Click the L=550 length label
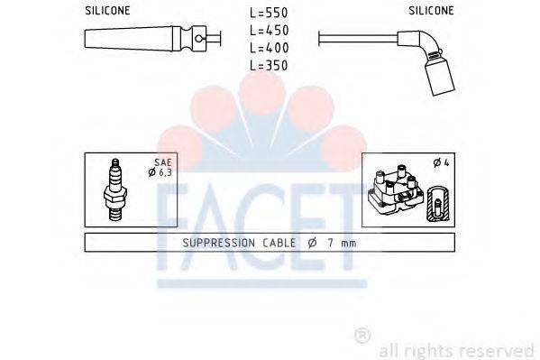[269, 13]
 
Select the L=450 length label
[269, 30]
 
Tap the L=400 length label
[269, 47]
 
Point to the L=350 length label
[269, 65]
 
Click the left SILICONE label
[108, 11]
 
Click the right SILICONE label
[430, 11]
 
